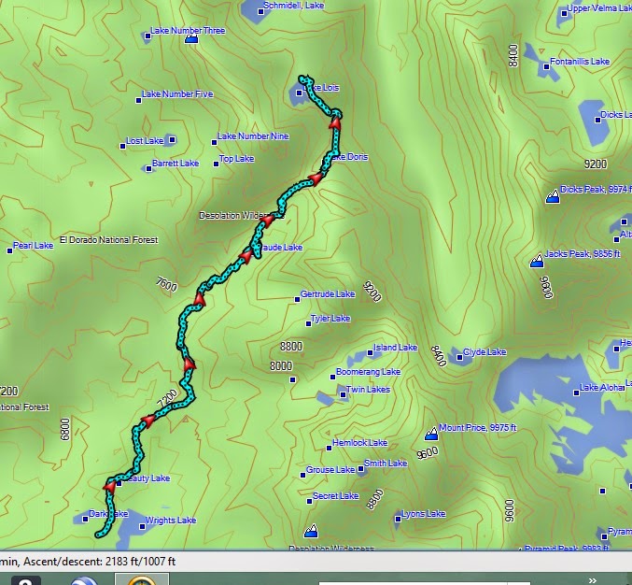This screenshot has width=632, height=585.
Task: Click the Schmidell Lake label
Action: coord(293,6)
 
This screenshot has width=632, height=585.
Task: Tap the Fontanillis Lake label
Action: coord(580,62)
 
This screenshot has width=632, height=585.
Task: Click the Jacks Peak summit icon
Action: coord(537,262)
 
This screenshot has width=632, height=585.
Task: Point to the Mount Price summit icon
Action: coord(431,434)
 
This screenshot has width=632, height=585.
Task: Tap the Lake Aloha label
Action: coord(601,388)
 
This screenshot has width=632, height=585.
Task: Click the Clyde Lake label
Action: coord(485,352)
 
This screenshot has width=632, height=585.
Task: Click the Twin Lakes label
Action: coord(368,390)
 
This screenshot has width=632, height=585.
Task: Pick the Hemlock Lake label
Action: coord(359,443)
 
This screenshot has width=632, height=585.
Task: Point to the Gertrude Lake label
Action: coord(328,294)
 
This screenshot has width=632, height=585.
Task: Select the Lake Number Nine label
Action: coord(253,136)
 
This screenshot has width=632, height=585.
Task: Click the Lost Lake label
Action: coord(145,142)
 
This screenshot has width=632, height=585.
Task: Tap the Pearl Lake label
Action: coord(33,247)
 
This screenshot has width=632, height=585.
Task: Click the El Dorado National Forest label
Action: coord(108,240)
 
